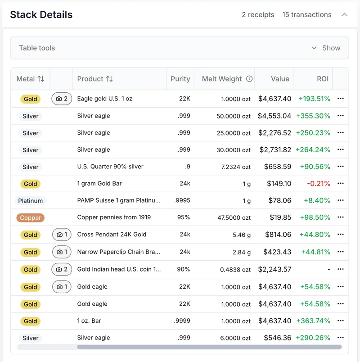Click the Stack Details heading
[x=41, y=14]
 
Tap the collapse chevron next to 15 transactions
[x=345, y=15]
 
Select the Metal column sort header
[x=30, y=79]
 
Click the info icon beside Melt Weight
[x=249, y=79]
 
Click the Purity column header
[x=180, y=79]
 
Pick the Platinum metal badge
[x=31, y=201]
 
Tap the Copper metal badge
[x=31, y=218]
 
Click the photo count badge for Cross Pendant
[x=62, y=235]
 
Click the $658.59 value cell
[x=278, y=167]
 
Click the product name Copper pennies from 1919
[x=114, y=217]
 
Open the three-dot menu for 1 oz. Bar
[x=340, y=321]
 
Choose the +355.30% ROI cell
[x=313, y=116]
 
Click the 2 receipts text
[x=258, y=15]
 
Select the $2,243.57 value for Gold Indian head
[x=274, y=269]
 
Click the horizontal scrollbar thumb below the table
[x=209, y=347]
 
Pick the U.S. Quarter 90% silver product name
[x=110, y=167]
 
